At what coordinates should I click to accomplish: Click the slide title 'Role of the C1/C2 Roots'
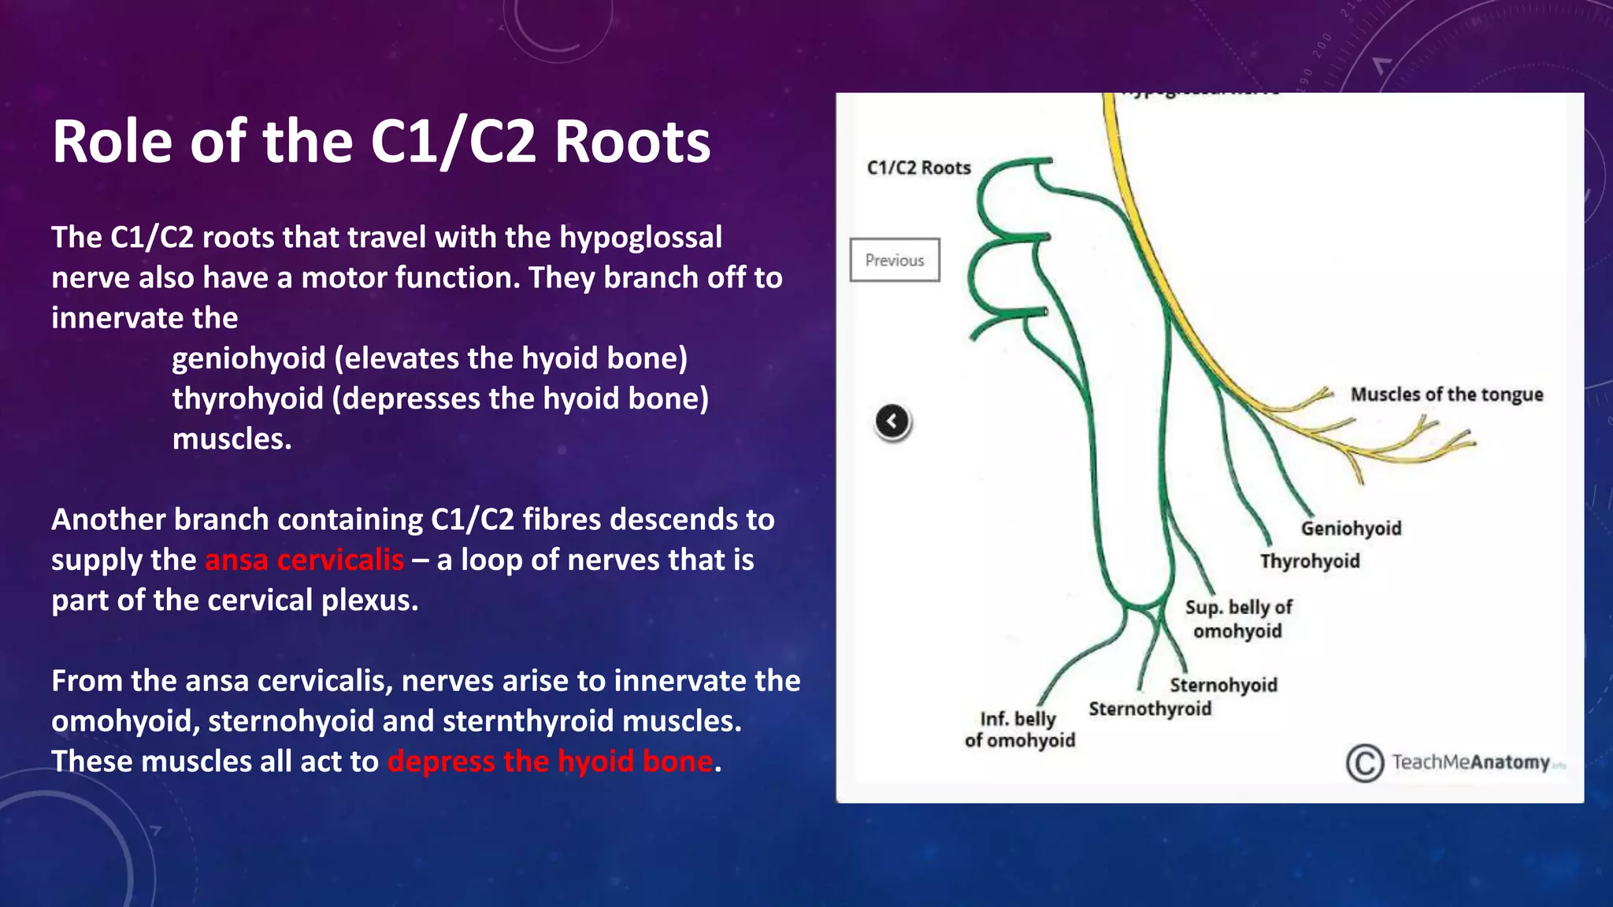(381, 142)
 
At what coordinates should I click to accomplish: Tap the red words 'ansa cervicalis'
(304, 560)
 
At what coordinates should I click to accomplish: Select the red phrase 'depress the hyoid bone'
(550, 761)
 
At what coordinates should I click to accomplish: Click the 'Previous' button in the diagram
(895, 260)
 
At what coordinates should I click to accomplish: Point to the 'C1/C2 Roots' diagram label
(918, 168)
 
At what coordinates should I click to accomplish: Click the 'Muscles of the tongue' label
(1447, 394)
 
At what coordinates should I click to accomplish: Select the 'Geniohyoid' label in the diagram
(1351, 528)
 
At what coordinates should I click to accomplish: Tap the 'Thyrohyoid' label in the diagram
(1310, 561)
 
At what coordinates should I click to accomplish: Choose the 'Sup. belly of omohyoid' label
(1238, 619)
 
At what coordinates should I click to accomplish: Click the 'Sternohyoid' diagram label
(1223, 685)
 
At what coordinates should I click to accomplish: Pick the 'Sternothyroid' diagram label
(1150, 709)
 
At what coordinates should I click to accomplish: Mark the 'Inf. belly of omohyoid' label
(1019, 730)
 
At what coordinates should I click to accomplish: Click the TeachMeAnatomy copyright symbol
(1364, 763)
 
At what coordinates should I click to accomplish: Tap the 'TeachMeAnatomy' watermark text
(1470, 762)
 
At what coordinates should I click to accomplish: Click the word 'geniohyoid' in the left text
(248, 359)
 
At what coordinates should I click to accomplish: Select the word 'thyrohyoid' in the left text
(247, 399)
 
